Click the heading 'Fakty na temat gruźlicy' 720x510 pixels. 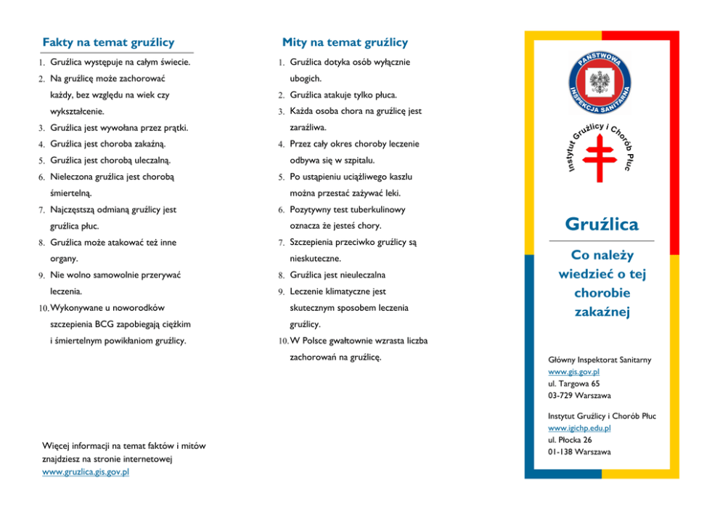(x=108, y=43)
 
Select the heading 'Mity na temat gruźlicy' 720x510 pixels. (x=345, y=43)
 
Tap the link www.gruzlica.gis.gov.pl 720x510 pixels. (x=86, y=472)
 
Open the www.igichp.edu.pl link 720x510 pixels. (x=579, y=428)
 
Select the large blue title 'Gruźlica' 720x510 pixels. (x=601, y=223)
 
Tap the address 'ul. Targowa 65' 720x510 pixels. (x=574, y=384)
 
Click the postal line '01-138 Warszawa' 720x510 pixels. (x=579, y=452)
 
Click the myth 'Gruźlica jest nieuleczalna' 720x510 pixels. (x=337, y=275)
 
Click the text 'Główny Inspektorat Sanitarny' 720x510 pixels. (x=600, y=360)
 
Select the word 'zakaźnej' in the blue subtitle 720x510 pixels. (x=602, y=312)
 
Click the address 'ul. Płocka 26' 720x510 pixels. (x=570, y=440)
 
